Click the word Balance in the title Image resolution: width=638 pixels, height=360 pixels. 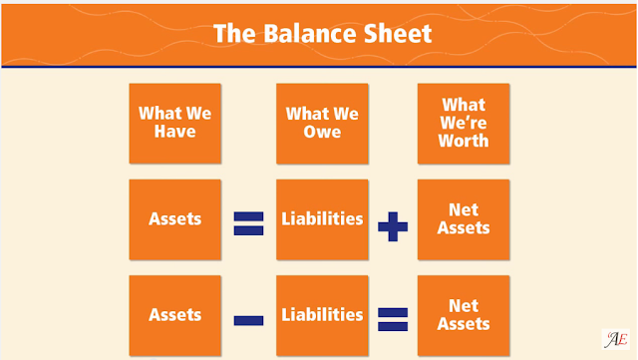311,33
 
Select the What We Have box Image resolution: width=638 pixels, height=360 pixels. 175,124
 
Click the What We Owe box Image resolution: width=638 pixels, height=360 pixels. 322,124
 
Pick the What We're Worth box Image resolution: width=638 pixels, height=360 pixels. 464,124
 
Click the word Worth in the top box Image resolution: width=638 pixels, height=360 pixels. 464,141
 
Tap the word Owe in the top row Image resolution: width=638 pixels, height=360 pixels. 322,132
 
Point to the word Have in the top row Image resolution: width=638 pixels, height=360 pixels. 175,132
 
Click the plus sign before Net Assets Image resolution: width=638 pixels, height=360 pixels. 393,226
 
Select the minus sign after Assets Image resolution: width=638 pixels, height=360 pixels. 248,320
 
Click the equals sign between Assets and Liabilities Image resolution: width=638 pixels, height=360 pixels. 248,223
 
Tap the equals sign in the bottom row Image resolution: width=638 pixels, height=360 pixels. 393,319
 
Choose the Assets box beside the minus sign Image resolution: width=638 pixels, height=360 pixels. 175,315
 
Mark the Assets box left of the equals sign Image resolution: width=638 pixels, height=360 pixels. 175,219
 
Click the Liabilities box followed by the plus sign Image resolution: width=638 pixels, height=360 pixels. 322,219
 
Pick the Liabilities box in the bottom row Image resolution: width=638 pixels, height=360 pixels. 322,315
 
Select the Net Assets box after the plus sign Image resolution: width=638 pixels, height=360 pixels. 464,219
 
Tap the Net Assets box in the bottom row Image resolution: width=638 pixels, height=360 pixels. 464,315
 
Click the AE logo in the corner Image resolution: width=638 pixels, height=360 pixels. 616,339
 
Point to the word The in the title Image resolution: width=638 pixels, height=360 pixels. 234,33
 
